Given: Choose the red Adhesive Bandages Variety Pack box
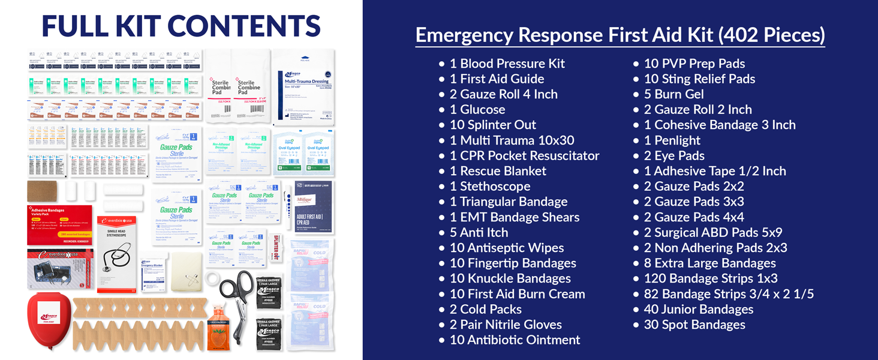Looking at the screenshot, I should (59, 225).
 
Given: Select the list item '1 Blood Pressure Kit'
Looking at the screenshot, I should (507, 64).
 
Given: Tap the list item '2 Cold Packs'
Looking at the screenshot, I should (485, 310).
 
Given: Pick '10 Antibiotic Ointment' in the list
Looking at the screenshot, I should (515, 340).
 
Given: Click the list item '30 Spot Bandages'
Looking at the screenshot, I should (694, 325).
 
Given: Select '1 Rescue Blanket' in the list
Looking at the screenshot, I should (498, 171).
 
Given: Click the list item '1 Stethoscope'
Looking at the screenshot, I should (490, 187).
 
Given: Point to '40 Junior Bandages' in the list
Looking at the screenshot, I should (699, 310).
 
